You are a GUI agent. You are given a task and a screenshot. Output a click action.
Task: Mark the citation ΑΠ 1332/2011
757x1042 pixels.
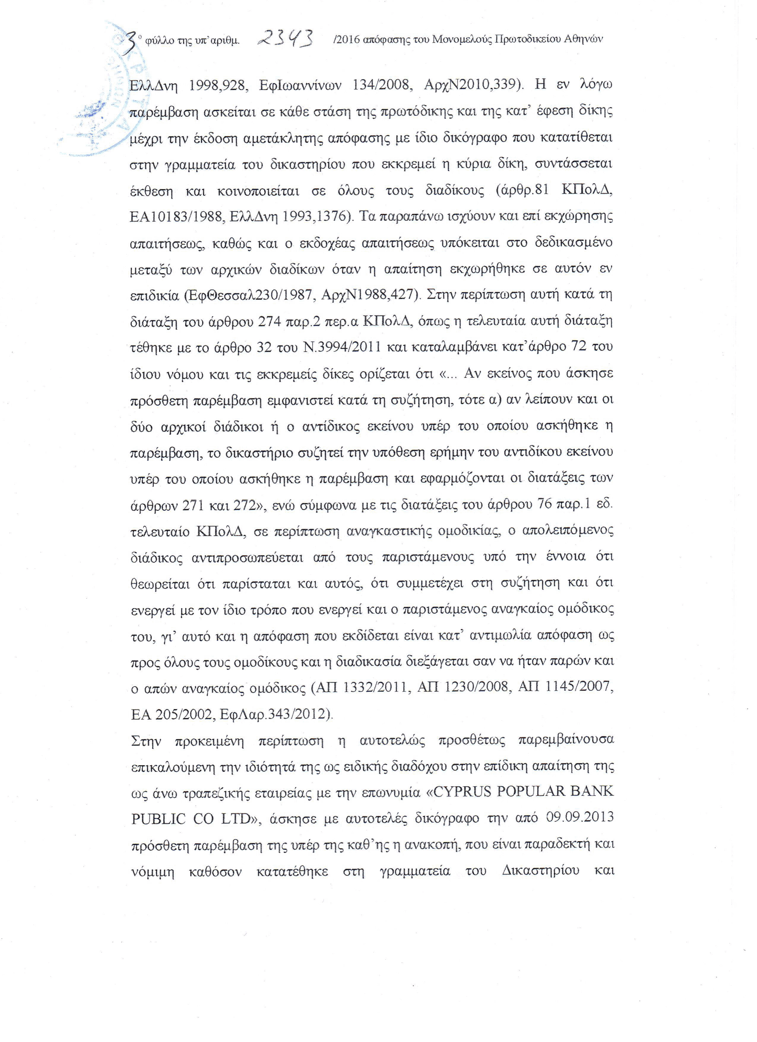[361, 688]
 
